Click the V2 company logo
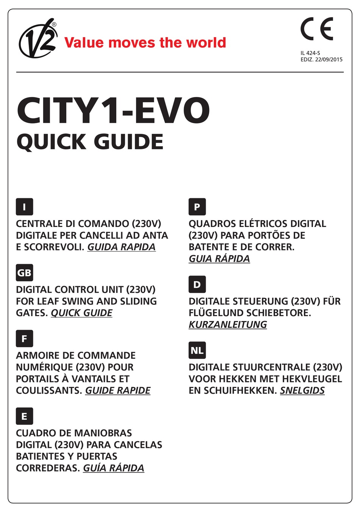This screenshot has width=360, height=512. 38,39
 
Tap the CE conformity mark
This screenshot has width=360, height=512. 317,29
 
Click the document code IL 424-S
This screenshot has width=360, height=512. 310,53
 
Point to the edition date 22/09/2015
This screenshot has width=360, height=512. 329,59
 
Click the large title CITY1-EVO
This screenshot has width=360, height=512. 113,111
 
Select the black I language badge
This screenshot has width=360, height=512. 24,207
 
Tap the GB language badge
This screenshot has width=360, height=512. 24,273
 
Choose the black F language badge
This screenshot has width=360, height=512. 24,339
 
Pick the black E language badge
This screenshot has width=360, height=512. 24,416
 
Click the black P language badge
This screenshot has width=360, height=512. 197,207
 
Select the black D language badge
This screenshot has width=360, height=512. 197,285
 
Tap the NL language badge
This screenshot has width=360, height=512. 197,351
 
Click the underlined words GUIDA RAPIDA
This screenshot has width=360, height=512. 121,247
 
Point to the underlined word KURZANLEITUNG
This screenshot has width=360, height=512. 228,325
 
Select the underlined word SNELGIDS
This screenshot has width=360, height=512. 302,391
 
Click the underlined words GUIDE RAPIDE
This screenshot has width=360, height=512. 117,391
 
